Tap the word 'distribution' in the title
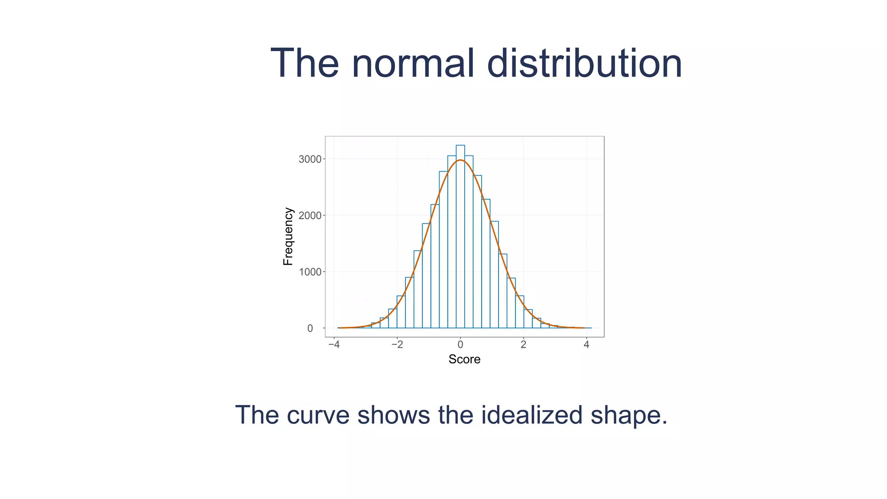(x=584, y=64)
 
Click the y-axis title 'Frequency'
(x=288, y=237)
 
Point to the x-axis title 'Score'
(x=464, y=360)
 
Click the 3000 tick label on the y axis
(x=310, y=159)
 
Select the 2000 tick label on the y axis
(x=310, y=216)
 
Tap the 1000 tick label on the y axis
(x=310, y=272)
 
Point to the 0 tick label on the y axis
(x=310, y=328)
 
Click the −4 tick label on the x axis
(x=333, y=345)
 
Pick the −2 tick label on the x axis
(x=397, y=345)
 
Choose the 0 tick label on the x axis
(x=460, y=345)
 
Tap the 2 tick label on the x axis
(x=523, y=345)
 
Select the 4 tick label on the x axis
(x=586, y=345)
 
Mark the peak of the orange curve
(x=460, y=160)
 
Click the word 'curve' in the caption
(x=318, y=415)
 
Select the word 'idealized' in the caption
(x=531, y=415)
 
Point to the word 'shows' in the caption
(x=393, y=415)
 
